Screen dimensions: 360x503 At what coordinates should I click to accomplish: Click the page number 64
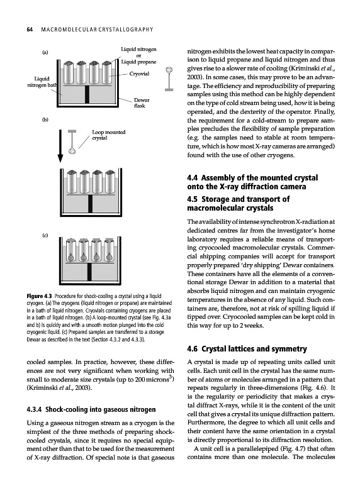click(x=30, y=30)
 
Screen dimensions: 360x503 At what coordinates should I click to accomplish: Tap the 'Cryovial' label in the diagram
click(x=139, y=74)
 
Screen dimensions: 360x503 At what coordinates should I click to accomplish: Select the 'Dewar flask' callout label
click(x=139, y=102)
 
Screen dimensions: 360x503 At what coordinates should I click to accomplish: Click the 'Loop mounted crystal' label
click(x=108, y=135)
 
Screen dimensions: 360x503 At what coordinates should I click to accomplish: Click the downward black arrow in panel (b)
click(x=60, y=146)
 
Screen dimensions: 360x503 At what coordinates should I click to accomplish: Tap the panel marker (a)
click(x=45, y=52)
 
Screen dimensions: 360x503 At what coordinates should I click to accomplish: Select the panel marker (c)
click(x=45, y=235)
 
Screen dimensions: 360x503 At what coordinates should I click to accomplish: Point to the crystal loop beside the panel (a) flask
click(x=169, y=79)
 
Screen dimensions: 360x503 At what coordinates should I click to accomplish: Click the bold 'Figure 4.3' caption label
click(x=35, y=296)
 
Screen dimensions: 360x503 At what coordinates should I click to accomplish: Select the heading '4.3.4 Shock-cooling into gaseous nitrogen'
click(x=91, y=409)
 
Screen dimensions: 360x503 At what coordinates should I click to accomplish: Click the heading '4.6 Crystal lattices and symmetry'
click(x=247, y=349)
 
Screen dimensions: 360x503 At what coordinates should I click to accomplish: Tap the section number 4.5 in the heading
click(x=193, y=199)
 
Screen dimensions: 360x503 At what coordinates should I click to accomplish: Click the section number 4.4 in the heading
click(x=193, y=178)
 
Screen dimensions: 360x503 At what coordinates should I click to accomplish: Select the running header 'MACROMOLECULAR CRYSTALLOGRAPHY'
click(x=98, y=30)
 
